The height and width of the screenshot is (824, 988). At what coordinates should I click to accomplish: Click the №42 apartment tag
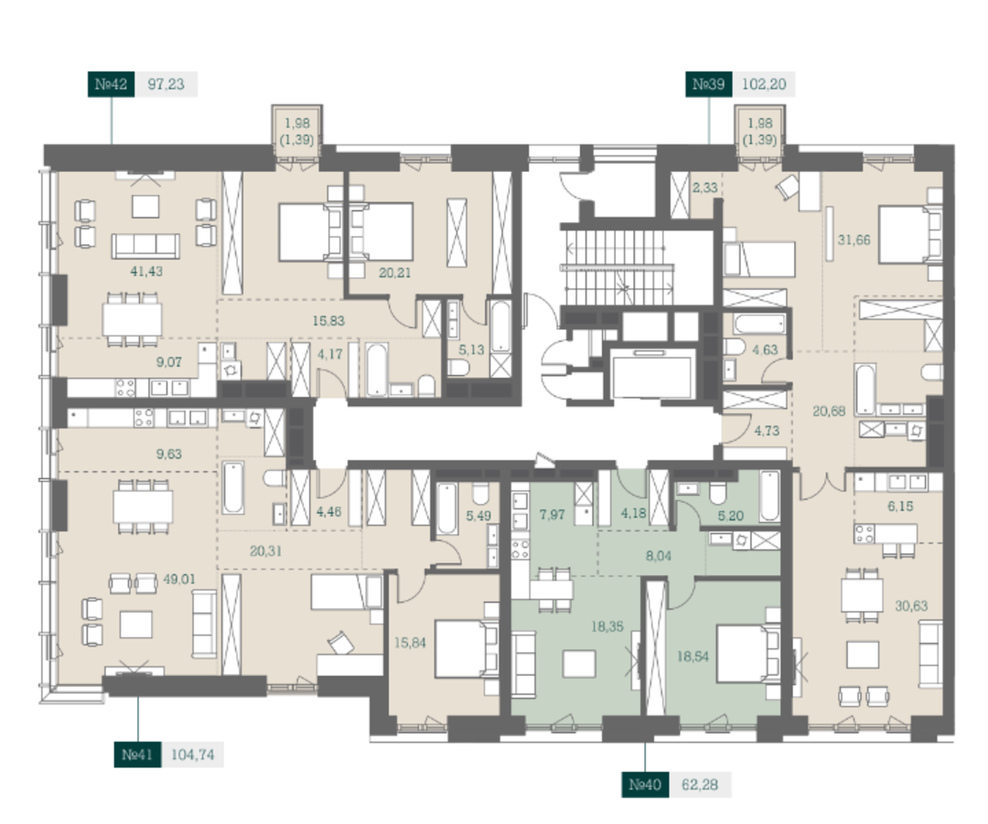(x=111, y=84)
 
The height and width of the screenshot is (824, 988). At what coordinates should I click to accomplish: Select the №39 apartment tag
(x=709, y=84)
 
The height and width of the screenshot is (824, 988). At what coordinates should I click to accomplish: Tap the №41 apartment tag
(x=137, y=754)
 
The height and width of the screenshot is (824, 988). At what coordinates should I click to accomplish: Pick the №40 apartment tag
(x=645, y=785)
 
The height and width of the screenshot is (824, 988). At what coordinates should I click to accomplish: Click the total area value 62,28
(x=700, y=785)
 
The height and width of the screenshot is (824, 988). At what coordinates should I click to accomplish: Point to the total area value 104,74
(x=193, y=754)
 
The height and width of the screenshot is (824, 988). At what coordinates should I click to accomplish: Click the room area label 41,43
(x=146, y=272)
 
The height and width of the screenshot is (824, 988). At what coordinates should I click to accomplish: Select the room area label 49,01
(x=179, y=579)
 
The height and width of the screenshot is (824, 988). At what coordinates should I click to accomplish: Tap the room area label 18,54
(x=693, y=657)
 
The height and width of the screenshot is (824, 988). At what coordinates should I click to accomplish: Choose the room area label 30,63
(x=911, y=606)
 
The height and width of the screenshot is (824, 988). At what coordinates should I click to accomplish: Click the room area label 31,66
(x=854, y=240)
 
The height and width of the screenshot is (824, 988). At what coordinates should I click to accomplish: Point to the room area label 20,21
(x=394, y=273)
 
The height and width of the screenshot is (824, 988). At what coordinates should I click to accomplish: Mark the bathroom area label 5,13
(x=471, y=349)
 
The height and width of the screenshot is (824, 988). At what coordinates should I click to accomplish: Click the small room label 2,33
(x=704, y=187)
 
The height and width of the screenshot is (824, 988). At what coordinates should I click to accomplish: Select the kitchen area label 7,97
(x=552, y=515)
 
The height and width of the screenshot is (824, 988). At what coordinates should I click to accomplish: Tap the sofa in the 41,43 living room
(x=145, y=246)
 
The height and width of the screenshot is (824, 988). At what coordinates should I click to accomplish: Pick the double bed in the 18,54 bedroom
(x=748, y=653)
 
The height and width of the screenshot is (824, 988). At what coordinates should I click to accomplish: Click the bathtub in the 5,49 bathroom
(x=447, y=509)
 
